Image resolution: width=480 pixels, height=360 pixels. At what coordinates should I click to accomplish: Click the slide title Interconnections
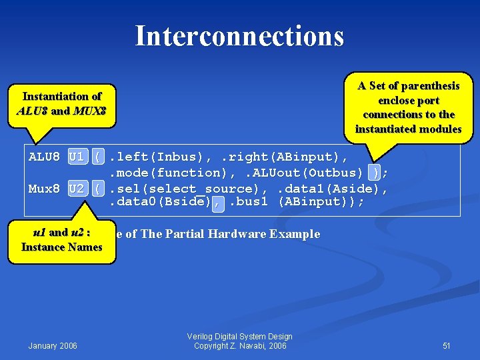(x=239, y=36)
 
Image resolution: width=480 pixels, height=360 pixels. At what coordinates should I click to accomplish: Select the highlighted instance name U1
(x=77, y=157)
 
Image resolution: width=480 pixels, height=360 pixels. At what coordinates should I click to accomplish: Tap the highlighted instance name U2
(x=77, y=189)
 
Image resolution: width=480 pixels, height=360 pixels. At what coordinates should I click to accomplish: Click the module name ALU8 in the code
(x=44, y=157)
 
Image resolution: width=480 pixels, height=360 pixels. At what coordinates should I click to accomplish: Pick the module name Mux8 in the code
(x=44, y=189)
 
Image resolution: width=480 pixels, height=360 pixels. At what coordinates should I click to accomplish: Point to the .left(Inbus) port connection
(x=158, y=157)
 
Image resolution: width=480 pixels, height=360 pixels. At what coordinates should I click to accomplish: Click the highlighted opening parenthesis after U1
(x=99, y=157)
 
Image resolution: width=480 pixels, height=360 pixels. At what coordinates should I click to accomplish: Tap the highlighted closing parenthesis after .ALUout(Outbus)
(x=377, y=173)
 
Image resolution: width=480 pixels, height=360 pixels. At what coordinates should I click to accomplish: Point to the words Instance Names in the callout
(x=61, y=247)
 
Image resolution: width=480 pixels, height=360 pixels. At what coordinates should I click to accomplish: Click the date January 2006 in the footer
(x=53, y=345)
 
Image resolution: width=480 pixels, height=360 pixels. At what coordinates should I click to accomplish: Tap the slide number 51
(x=447, y=345)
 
